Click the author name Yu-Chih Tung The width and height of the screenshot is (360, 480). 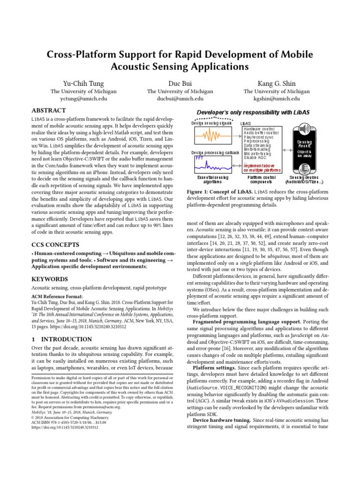[x=83, y=83]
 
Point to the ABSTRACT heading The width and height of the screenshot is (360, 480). [x=48, y=111]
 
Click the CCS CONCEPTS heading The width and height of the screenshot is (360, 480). [x=55, y=245]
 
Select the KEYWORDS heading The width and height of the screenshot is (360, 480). [x=49, y=278]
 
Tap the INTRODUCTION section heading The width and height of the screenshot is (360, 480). [x=61, y=339]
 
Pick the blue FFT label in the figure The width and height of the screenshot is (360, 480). [x=200, y=158]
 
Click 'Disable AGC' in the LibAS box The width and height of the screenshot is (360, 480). [x=257, y=158]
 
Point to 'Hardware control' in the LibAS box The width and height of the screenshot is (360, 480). [x=260, y=128]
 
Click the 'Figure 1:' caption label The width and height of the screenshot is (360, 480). [x=199, y=192]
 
